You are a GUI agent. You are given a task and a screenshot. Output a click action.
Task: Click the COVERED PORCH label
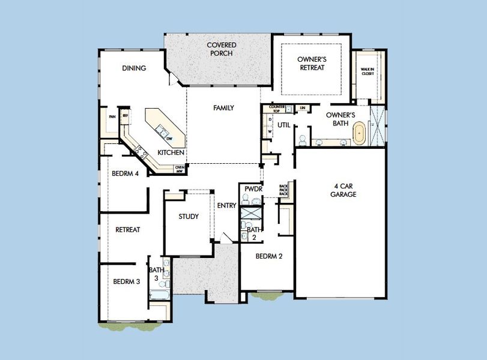click(x=221, y=49)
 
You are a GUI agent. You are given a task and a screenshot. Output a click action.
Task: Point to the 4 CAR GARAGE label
click(x=343, y=190)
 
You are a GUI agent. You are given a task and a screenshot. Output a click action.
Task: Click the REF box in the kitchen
click(x=126, y=116)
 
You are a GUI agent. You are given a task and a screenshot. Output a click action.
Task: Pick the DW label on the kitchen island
click(x=169, y=139)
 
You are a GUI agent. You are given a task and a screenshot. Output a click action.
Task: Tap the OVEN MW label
click(x=179, y=169)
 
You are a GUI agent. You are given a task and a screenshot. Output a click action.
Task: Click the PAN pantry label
click(x=112, y=116)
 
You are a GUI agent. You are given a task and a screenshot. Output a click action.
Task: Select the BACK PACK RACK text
click(x=284, y=190)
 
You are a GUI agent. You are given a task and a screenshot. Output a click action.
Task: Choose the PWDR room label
click(x=251, y=190)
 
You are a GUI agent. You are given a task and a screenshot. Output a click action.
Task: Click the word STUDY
click(x=189, y=217)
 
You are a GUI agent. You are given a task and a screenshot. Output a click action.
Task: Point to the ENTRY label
click(x=226, y=205)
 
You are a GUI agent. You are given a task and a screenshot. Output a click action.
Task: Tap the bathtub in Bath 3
click(x=160, y=295)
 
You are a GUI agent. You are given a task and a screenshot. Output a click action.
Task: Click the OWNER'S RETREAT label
click(x=311, y=64)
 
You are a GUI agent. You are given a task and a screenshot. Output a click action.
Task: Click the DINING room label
click(x=134, y=68)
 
